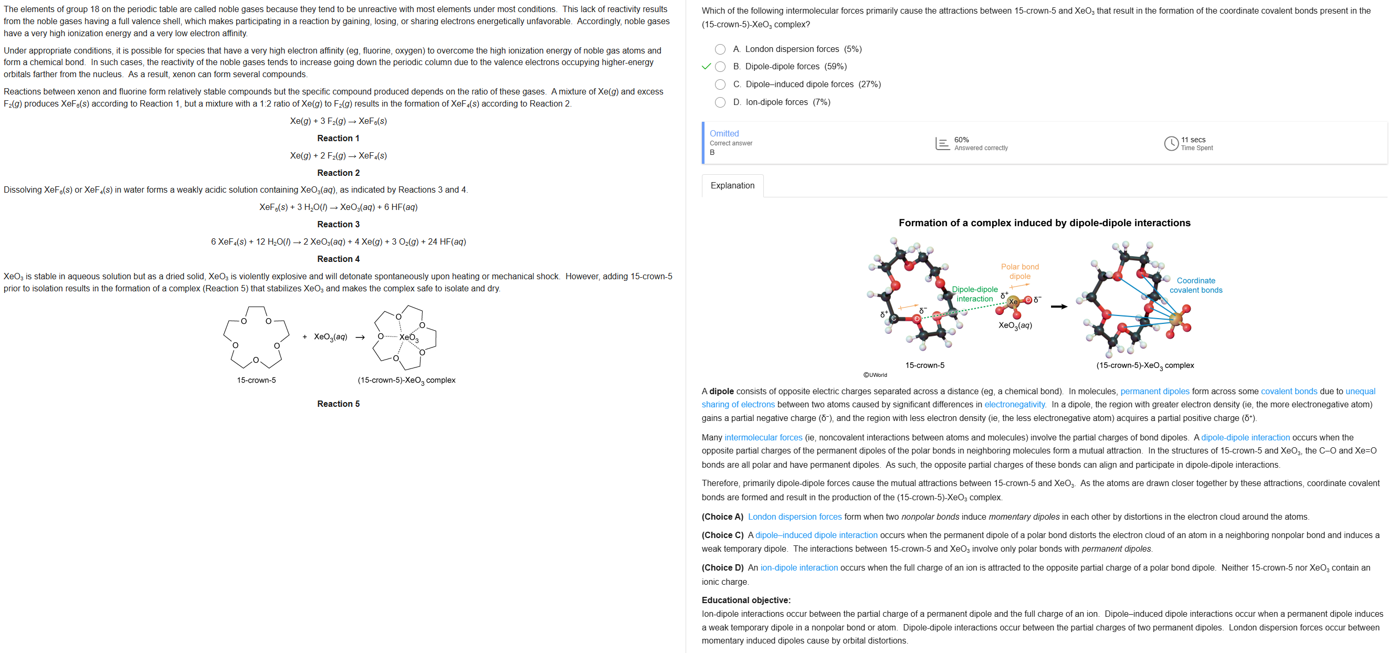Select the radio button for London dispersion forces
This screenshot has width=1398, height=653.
click(720, 49)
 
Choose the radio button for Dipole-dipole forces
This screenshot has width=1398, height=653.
click(720, 67)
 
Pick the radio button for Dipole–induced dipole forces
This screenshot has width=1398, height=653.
click(720, 85)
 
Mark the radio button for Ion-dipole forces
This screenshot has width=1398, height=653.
click(720, 102)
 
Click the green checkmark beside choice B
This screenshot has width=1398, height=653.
click(706, 67)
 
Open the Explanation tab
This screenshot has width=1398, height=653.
click(732, 186)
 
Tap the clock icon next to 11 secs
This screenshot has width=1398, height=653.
click(1171, 143)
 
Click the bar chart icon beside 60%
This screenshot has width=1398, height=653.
click(942, 143)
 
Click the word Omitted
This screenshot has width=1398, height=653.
click(724, 133)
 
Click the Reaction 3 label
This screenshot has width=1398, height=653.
click(338, 224)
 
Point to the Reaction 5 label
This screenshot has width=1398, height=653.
click(338, 404)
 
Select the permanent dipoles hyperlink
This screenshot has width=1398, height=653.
click(1154, 392)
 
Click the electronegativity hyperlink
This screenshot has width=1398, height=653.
click(1014, 404)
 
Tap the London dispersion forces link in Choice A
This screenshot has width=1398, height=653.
click(794, 517)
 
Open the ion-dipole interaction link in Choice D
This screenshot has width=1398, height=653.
click(799, 568)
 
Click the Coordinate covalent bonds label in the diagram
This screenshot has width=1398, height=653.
click(1195, 286)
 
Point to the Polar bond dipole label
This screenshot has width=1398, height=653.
click(1019, 271)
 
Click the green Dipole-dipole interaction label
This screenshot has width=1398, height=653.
click(975, 294)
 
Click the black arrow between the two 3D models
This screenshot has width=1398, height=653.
click(1059, 307)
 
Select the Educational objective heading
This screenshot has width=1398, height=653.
click(745, 601)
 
